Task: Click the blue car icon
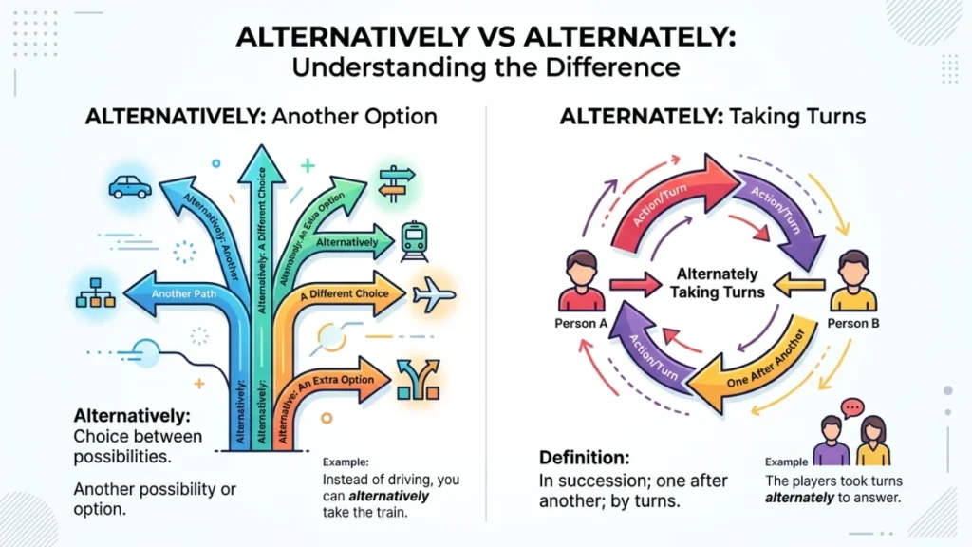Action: pyautogui.click(x=130, y=187)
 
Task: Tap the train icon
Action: pyautogui.click(x=414, y=241)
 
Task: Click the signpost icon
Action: pyautogui.click(x=396, y=183)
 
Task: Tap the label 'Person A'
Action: pyautogui.click(x=581, y=323)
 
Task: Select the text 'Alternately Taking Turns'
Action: pyautogui.click(x=718, y=283)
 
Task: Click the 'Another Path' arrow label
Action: pyautogui.click(x=184, y=294)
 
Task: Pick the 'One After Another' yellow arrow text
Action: pyautogui.click(x=766, y=360)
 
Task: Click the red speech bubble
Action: pyautogui.click(x=852, y=407)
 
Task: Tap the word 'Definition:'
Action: pyautogui.click(x=584, y=458)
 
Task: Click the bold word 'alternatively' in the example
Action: pyautogui.click(x=388, y=496)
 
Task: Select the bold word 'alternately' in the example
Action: pyautogui.click(x=799, y=498)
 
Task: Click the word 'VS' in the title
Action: pyautogui.click(x=496, y=37)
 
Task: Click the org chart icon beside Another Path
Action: pyautogui.click(x=96, y=292)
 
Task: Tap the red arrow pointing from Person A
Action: pyautogui.click(x=635, y=285)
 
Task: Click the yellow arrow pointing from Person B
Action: pyautogui.click(x=799, y=285)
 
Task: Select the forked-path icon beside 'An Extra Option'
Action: pyautogui.click(x=419, y=379)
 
